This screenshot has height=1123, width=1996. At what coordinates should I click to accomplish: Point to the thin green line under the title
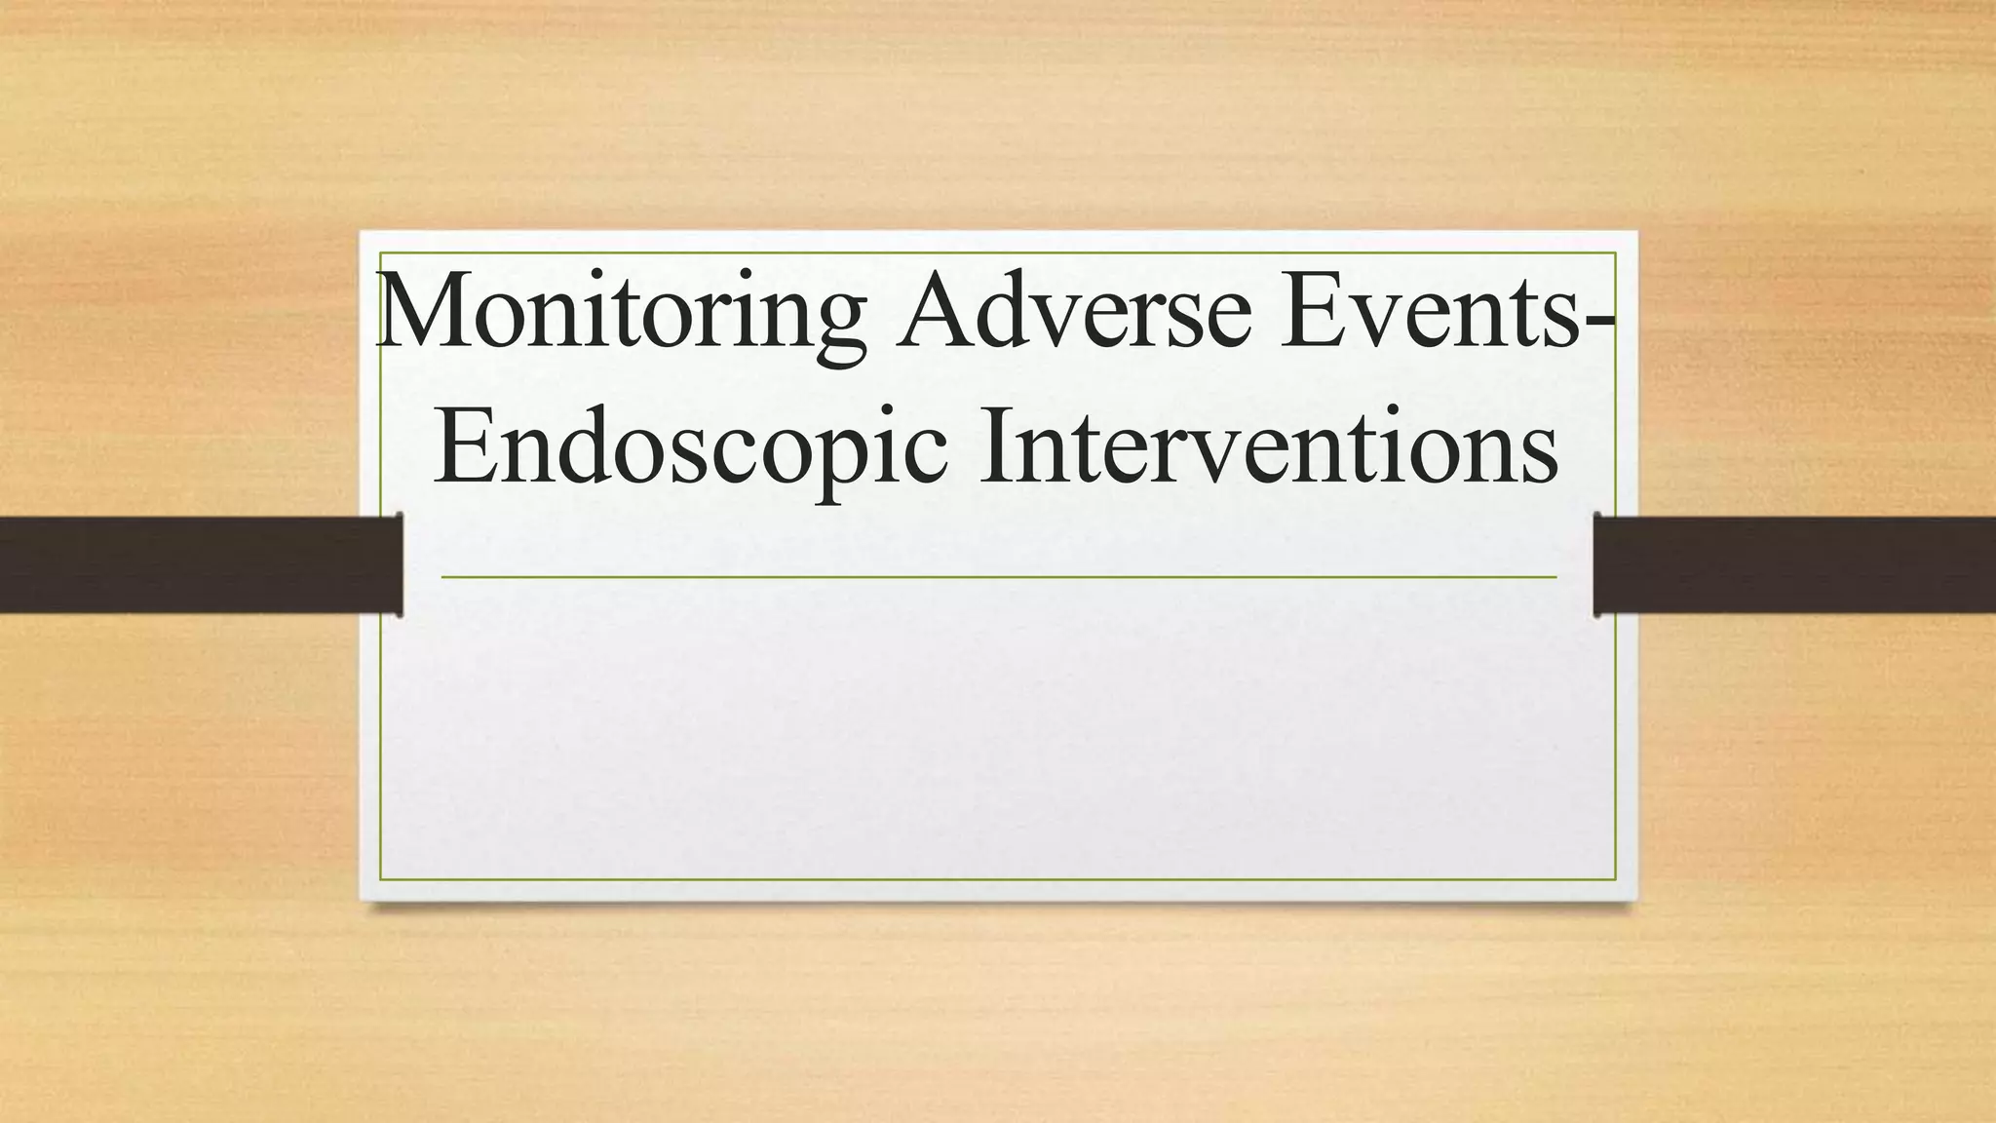tap(998, 577)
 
